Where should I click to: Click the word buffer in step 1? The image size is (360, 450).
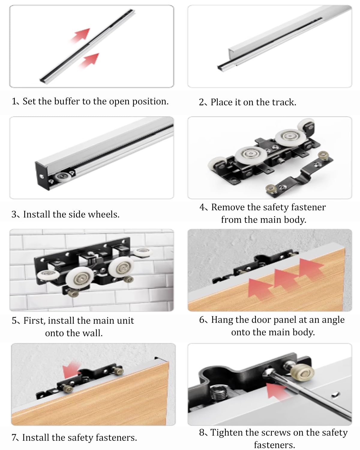point(67,101)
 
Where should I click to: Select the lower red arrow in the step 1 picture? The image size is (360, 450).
point(89,60)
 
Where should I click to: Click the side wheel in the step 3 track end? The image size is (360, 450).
point(62,177)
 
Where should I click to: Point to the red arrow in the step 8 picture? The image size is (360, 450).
point(277,391)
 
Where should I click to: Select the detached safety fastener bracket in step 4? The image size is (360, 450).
point(299,174)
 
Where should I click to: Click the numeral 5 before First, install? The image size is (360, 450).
point(14,321)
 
